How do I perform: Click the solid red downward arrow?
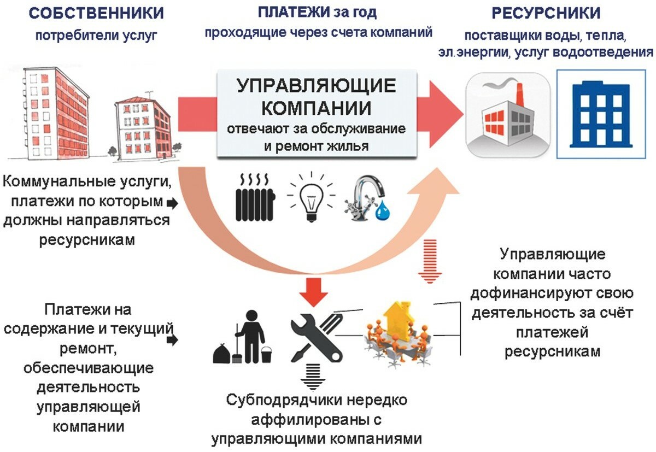(x=314, y=289)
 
